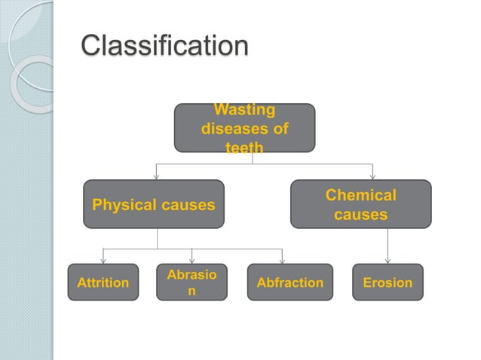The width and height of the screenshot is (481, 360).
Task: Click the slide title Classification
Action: click(164, 45)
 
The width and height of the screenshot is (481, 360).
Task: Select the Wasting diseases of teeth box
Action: click(244, 128)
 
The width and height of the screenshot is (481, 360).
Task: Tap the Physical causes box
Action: click(153, 204)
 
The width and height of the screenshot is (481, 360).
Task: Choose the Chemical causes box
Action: click(360, 204)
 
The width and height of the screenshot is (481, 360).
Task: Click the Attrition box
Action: click(103, 282)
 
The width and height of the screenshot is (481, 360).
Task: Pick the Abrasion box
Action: click(191, 282)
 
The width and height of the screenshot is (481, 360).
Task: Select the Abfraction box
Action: click(290, 282)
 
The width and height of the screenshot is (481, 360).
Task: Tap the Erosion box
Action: click(388, 282)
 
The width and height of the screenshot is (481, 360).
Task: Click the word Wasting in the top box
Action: click(244, 111)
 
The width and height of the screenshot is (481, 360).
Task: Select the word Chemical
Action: click(360, 195)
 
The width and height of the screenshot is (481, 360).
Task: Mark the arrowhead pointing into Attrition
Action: click(103, 261)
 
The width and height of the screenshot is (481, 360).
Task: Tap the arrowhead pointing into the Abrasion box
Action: click(191, 261)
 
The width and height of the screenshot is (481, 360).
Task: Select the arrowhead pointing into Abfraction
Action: click(282, 261)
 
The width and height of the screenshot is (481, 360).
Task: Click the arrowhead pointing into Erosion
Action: click(388, 261)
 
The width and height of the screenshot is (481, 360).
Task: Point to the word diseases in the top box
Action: click(244, 130)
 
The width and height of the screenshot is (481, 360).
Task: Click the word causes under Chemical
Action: click(360, 215)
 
